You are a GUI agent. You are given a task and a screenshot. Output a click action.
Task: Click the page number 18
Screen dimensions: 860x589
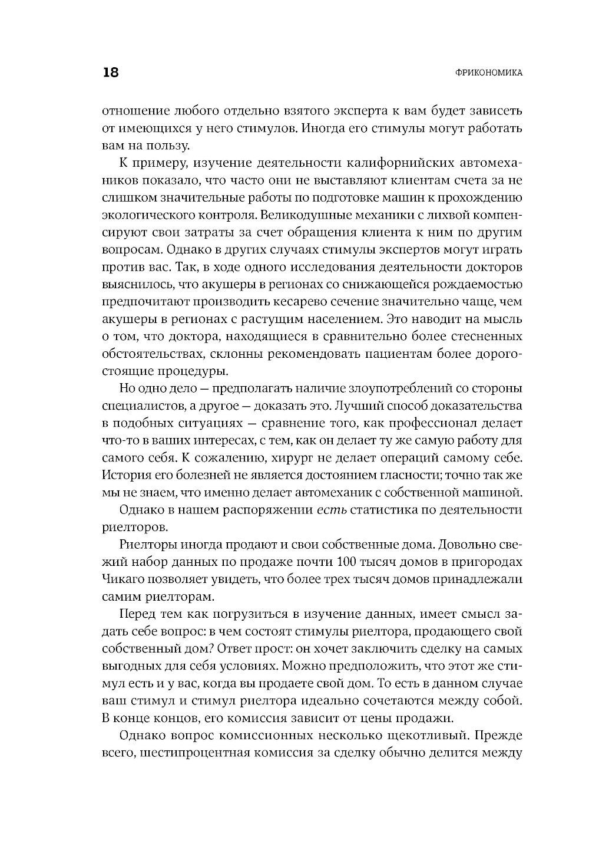click(x=111, y=73)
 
